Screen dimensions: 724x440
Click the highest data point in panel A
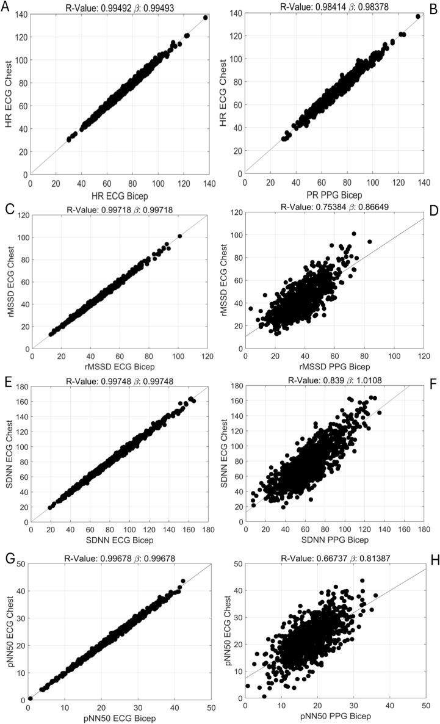[x=205, y=18]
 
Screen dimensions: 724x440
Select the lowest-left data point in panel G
[x=31, y=698]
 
